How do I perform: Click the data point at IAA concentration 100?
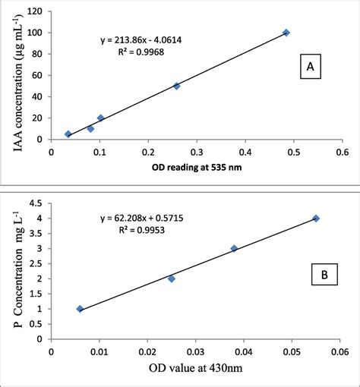(x=286, y=33)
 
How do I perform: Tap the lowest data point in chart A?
(x=68, y=134)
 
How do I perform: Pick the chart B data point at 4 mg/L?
(x=316, y=219)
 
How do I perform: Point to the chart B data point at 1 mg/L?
(x=80, y=309)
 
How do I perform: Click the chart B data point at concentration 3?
(x=234, y=248)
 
